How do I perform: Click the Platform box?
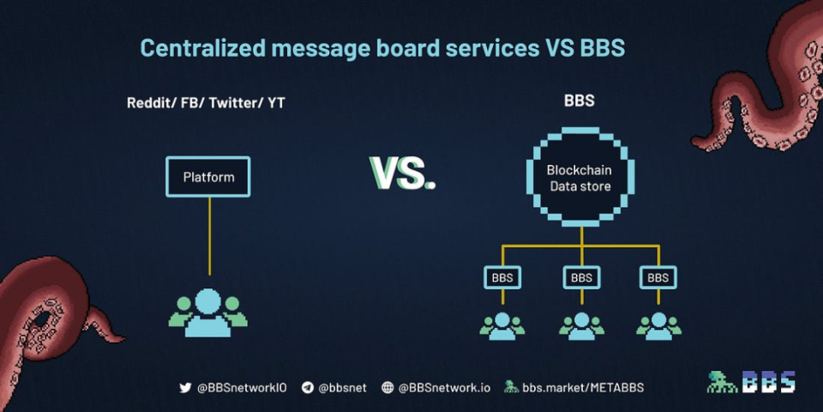[208, 177]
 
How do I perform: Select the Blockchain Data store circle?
[580, 178]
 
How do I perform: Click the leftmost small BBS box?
[502, 277]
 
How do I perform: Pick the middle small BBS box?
[581, 277]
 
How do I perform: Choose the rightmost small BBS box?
[658, 277]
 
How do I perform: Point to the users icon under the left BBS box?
[502, 324]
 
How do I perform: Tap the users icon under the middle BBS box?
[581, 324]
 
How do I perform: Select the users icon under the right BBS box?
[658, 324]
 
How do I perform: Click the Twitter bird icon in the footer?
[185, 387]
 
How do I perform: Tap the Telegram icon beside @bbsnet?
[308, 387]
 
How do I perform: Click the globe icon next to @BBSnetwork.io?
[387, 387]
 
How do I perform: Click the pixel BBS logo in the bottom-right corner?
[751, 382]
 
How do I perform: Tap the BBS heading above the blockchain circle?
[580, 100]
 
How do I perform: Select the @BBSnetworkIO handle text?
[242, 387]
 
